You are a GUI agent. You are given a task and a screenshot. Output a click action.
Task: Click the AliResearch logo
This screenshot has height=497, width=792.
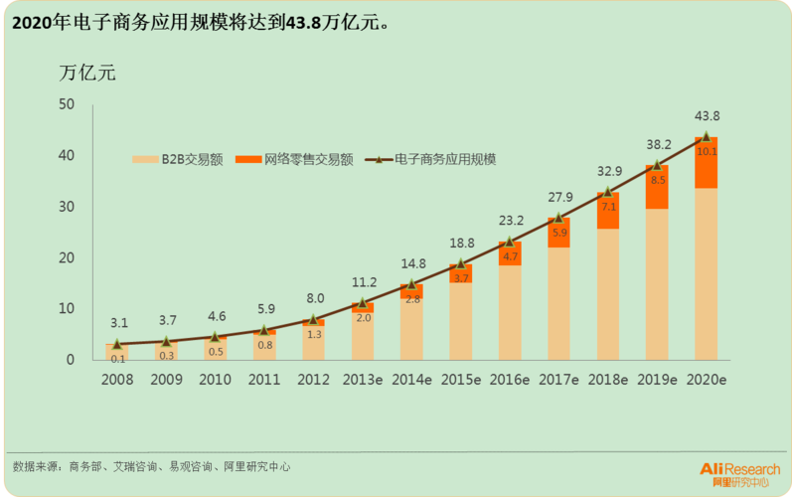(x=739, y=472)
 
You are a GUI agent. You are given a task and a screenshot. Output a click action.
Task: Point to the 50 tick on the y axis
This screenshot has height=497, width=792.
(x=67, y=104)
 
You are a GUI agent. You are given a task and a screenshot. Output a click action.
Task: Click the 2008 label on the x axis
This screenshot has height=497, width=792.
(x=118, y=379)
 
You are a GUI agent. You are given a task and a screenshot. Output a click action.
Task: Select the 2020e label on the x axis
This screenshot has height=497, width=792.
(x=707, y=379)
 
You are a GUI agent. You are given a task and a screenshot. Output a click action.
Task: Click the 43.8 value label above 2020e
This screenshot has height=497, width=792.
(x=707, y=115)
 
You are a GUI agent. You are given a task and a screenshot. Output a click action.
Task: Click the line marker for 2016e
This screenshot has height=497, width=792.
(x=510, y=242)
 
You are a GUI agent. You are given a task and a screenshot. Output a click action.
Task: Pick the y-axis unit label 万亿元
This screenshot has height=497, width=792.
(x=87, y=72)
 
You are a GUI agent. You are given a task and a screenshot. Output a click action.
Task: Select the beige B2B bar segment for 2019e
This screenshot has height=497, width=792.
(x=657, y=283)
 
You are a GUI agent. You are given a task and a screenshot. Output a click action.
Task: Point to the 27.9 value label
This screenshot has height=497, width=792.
(x=558, y=197)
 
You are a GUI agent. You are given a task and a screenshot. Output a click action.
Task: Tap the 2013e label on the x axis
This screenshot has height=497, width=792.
(x=363, y=379)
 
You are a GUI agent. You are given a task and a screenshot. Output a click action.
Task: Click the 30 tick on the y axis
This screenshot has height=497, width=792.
(x=67, y=207)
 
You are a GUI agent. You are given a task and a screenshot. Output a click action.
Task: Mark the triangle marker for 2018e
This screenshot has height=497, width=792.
(x=608, y=192)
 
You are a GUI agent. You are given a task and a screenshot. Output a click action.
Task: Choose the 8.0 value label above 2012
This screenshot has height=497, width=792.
(x=314, y=298)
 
